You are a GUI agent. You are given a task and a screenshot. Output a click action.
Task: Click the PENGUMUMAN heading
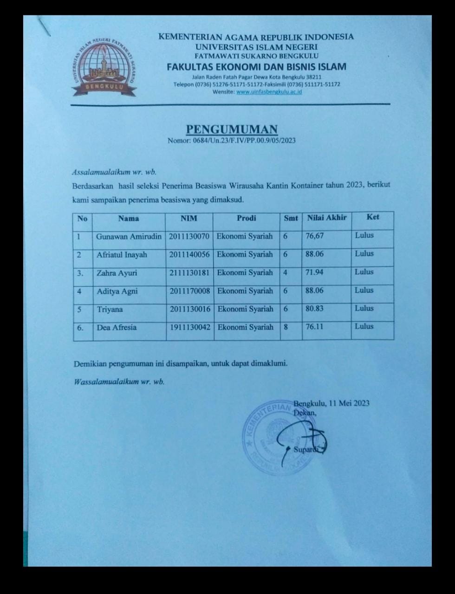click(x=232, y=129)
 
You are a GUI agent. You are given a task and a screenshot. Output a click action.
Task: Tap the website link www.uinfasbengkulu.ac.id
click(x=269, y=92)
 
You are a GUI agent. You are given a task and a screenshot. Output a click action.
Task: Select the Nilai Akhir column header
click(x=327, y=218)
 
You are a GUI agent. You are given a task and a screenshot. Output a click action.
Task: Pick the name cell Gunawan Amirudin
click(x=129, y=236)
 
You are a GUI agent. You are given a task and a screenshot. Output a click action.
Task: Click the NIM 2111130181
click(x=189, y=273)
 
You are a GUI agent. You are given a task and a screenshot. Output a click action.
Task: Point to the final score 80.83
click(x=314, y=308)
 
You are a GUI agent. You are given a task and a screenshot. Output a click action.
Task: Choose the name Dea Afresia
click(x=117, y=327)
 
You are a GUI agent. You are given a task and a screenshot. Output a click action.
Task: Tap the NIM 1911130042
click(x=190, y=327)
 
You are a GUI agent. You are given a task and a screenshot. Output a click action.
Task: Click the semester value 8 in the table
click(x=286, y=327)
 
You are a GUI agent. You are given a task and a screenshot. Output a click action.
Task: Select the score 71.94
click(x=314, y=272)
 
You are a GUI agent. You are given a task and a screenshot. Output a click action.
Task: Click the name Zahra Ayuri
click(x=117, y=273)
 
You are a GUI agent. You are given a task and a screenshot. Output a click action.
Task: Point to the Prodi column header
click(x=246, y=218)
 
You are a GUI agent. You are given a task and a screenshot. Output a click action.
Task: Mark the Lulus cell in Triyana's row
click(x=364, y=308)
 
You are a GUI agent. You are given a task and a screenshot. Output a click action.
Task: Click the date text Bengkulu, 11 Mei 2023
click(x=331, y=403)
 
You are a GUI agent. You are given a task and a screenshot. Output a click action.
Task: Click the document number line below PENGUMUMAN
click(x=231, y=140)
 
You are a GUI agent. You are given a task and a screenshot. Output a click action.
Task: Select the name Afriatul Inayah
click(x=122, y=255)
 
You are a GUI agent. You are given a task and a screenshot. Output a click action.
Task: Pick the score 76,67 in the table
click(x=314, y=236)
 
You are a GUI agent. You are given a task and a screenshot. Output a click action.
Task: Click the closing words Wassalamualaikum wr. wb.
click(x=119, y=382)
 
